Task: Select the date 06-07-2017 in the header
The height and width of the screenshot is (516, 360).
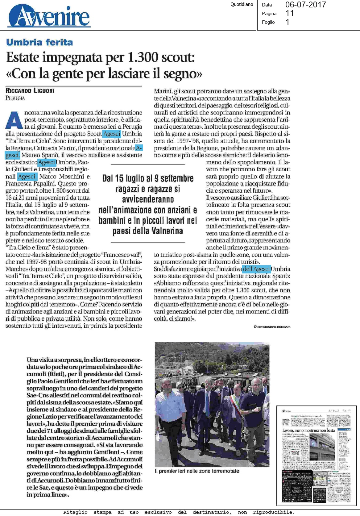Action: click(x=305, y=5)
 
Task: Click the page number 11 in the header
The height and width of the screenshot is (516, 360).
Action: click(x=290, y=13)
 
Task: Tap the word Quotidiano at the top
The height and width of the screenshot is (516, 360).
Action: click(x=242, y=4)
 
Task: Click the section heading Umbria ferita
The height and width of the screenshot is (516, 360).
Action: click(x=39, y=42)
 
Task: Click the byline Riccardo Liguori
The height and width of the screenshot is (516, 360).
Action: click(x=30, y=91)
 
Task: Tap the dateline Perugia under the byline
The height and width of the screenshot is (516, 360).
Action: click(x=15, y=98)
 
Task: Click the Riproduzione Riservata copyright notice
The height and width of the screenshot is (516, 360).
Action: click(x=272, y=327)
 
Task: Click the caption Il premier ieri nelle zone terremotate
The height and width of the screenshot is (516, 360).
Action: click(x=197, y=471)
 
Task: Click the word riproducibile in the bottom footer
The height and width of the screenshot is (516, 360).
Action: click(x=273, y=512)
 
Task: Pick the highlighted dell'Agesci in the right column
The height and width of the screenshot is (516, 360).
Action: click(x=256, y=269)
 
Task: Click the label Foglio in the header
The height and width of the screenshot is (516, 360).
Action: click(x=268, y=22)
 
